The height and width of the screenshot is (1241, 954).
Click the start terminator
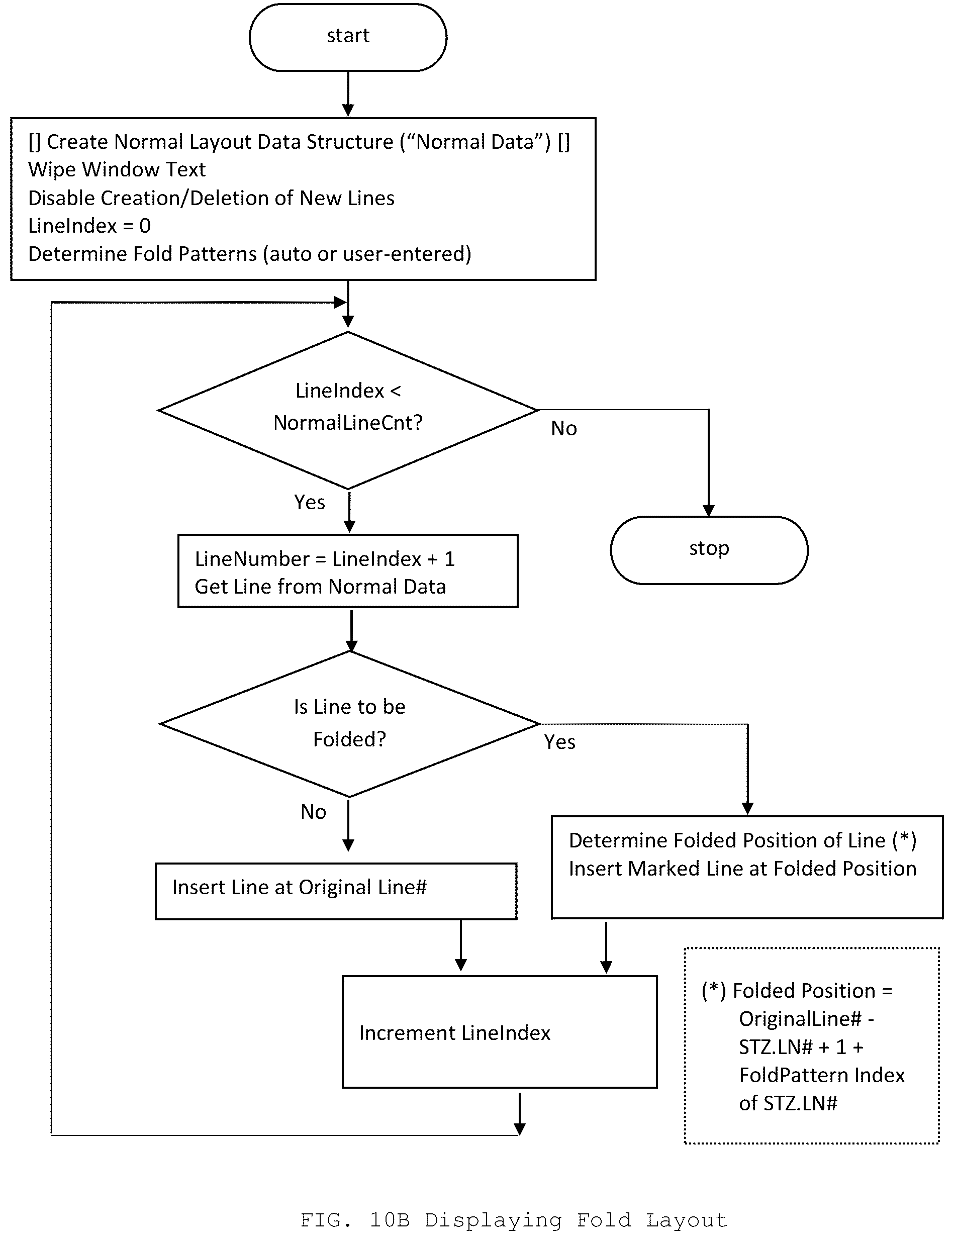tap(347, 38)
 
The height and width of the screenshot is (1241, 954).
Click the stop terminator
tap(709, 549)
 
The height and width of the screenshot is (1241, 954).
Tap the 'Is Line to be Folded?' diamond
tap(349, 723)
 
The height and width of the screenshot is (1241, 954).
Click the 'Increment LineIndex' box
tap(500, 1031)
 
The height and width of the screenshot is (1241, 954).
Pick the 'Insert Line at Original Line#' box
tap(336, 891)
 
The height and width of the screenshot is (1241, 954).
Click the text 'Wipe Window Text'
tap(117, 169)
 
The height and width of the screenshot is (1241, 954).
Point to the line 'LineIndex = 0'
tap(89, 225)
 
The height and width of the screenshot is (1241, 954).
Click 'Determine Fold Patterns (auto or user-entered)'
tap(249, 254)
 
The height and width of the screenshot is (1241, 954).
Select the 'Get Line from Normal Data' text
tap(320, 587)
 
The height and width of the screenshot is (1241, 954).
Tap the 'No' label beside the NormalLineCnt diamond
tap(563, 428)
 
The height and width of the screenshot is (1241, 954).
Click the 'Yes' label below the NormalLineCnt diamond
tap(310, 502)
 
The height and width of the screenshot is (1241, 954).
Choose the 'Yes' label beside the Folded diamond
tap(559, 741)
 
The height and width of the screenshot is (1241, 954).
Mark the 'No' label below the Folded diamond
tap(314, 812)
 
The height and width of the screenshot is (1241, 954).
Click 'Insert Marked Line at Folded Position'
tap(743, 868)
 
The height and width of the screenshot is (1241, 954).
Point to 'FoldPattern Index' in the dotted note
tap(821, 1075)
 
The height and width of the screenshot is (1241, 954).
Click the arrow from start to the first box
tap(348, 94)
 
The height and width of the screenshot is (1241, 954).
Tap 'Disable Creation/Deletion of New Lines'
tap(211, 198)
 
